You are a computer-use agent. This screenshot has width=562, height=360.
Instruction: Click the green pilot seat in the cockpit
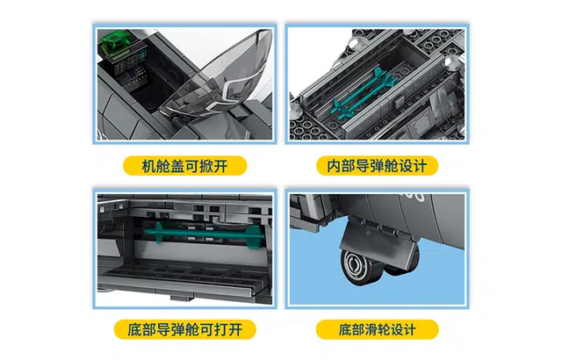click(x=115, y=41)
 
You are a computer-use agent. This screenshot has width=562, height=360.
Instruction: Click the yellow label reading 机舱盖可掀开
click(x=185, y=166)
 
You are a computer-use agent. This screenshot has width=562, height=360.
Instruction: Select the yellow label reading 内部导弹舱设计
click(x=377, y=166)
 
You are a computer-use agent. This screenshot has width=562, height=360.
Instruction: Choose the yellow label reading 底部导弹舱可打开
click(x=185, y=329)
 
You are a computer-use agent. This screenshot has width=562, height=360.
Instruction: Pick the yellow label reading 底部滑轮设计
click(x=377, y=329)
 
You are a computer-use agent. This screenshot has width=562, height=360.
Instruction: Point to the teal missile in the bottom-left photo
click(x=205, y=234)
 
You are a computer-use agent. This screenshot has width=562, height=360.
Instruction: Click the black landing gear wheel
click(x=360, y=267)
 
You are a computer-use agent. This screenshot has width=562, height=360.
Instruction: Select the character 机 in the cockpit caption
click(x=148, y=166)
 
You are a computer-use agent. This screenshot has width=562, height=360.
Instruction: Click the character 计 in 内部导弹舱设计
click(x=420, y=166)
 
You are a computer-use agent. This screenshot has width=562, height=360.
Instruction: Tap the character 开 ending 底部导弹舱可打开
click(x=235, y=330)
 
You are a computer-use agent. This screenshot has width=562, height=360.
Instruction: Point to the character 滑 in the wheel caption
click(x=370, y=330)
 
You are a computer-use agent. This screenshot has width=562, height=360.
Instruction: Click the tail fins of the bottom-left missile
click(x=257, y=236)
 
